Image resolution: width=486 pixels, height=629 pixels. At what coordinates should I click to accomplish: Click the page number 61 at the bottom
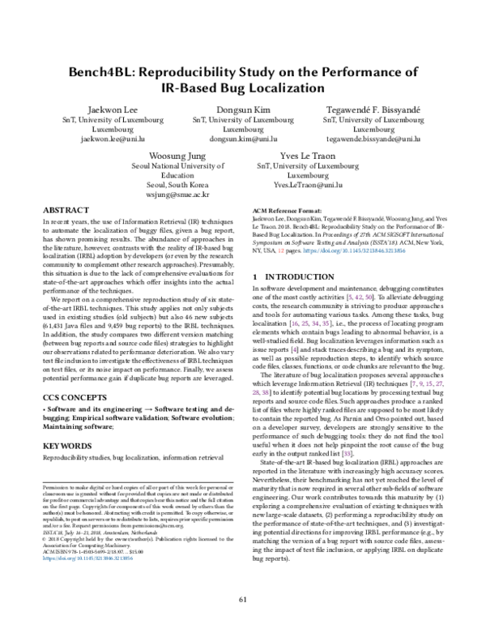tap(243, 600)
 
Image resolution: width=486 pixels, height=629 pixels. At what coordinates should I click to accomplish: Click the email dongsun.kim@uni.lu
tap(243, 139)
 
